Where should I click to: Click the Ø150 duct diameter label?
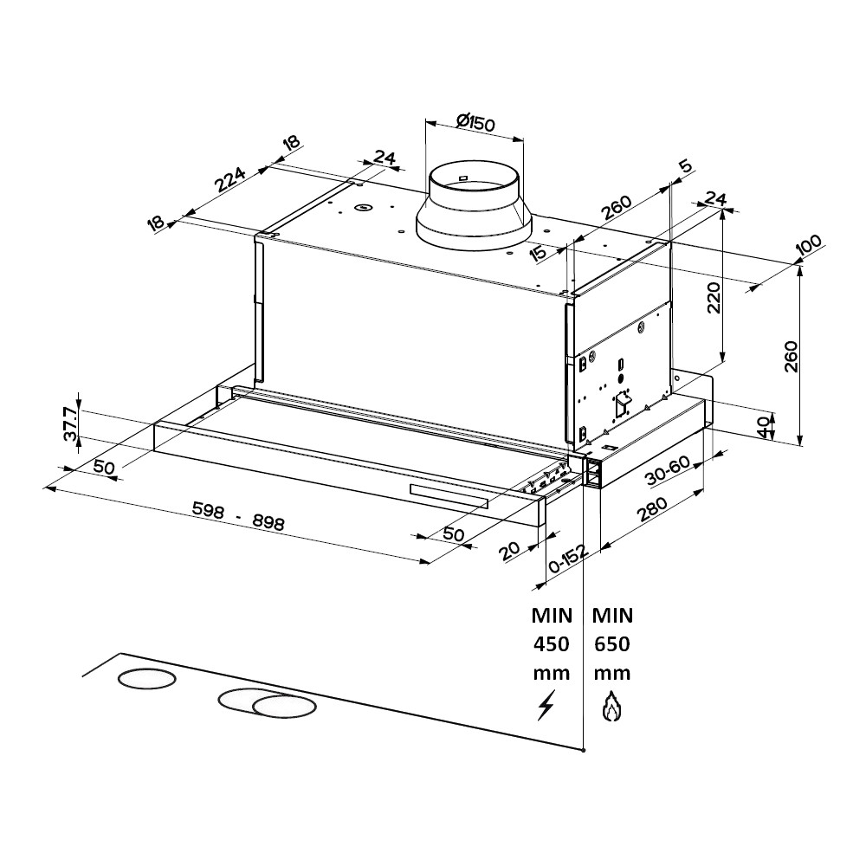pos(476,123)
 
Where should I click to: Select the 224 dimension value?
pos(230,179)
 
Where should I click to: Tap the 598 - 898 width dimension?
pos(238,515)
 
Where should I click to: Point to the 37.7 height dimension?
pos(70,423)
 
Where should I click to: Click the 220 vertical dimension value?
pos(714,298)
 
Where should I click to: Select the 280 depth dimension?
pos(652,509)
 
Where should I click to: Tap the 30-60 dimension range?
pos(668,470)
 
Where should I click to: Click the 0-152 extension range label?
pos(568,559)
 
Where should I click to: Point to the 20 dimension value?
pos(509,551)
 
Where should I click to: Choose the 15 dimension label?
pos(538,253)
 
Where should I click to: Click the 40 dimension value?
pos(763,427)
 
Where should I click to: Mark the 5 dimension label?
pos(685,165)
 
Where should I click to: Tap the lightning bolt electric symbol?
pos(546,705)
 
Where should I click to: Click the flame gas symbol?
pos(611,706)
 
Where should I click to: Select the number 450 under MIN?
pos(551,644)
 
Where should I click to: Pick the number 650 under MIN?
pos(612,644)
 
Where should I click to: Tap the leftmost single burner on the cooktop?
pos(147,678)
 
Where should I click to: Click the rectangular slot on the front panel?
pos(449,495)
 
